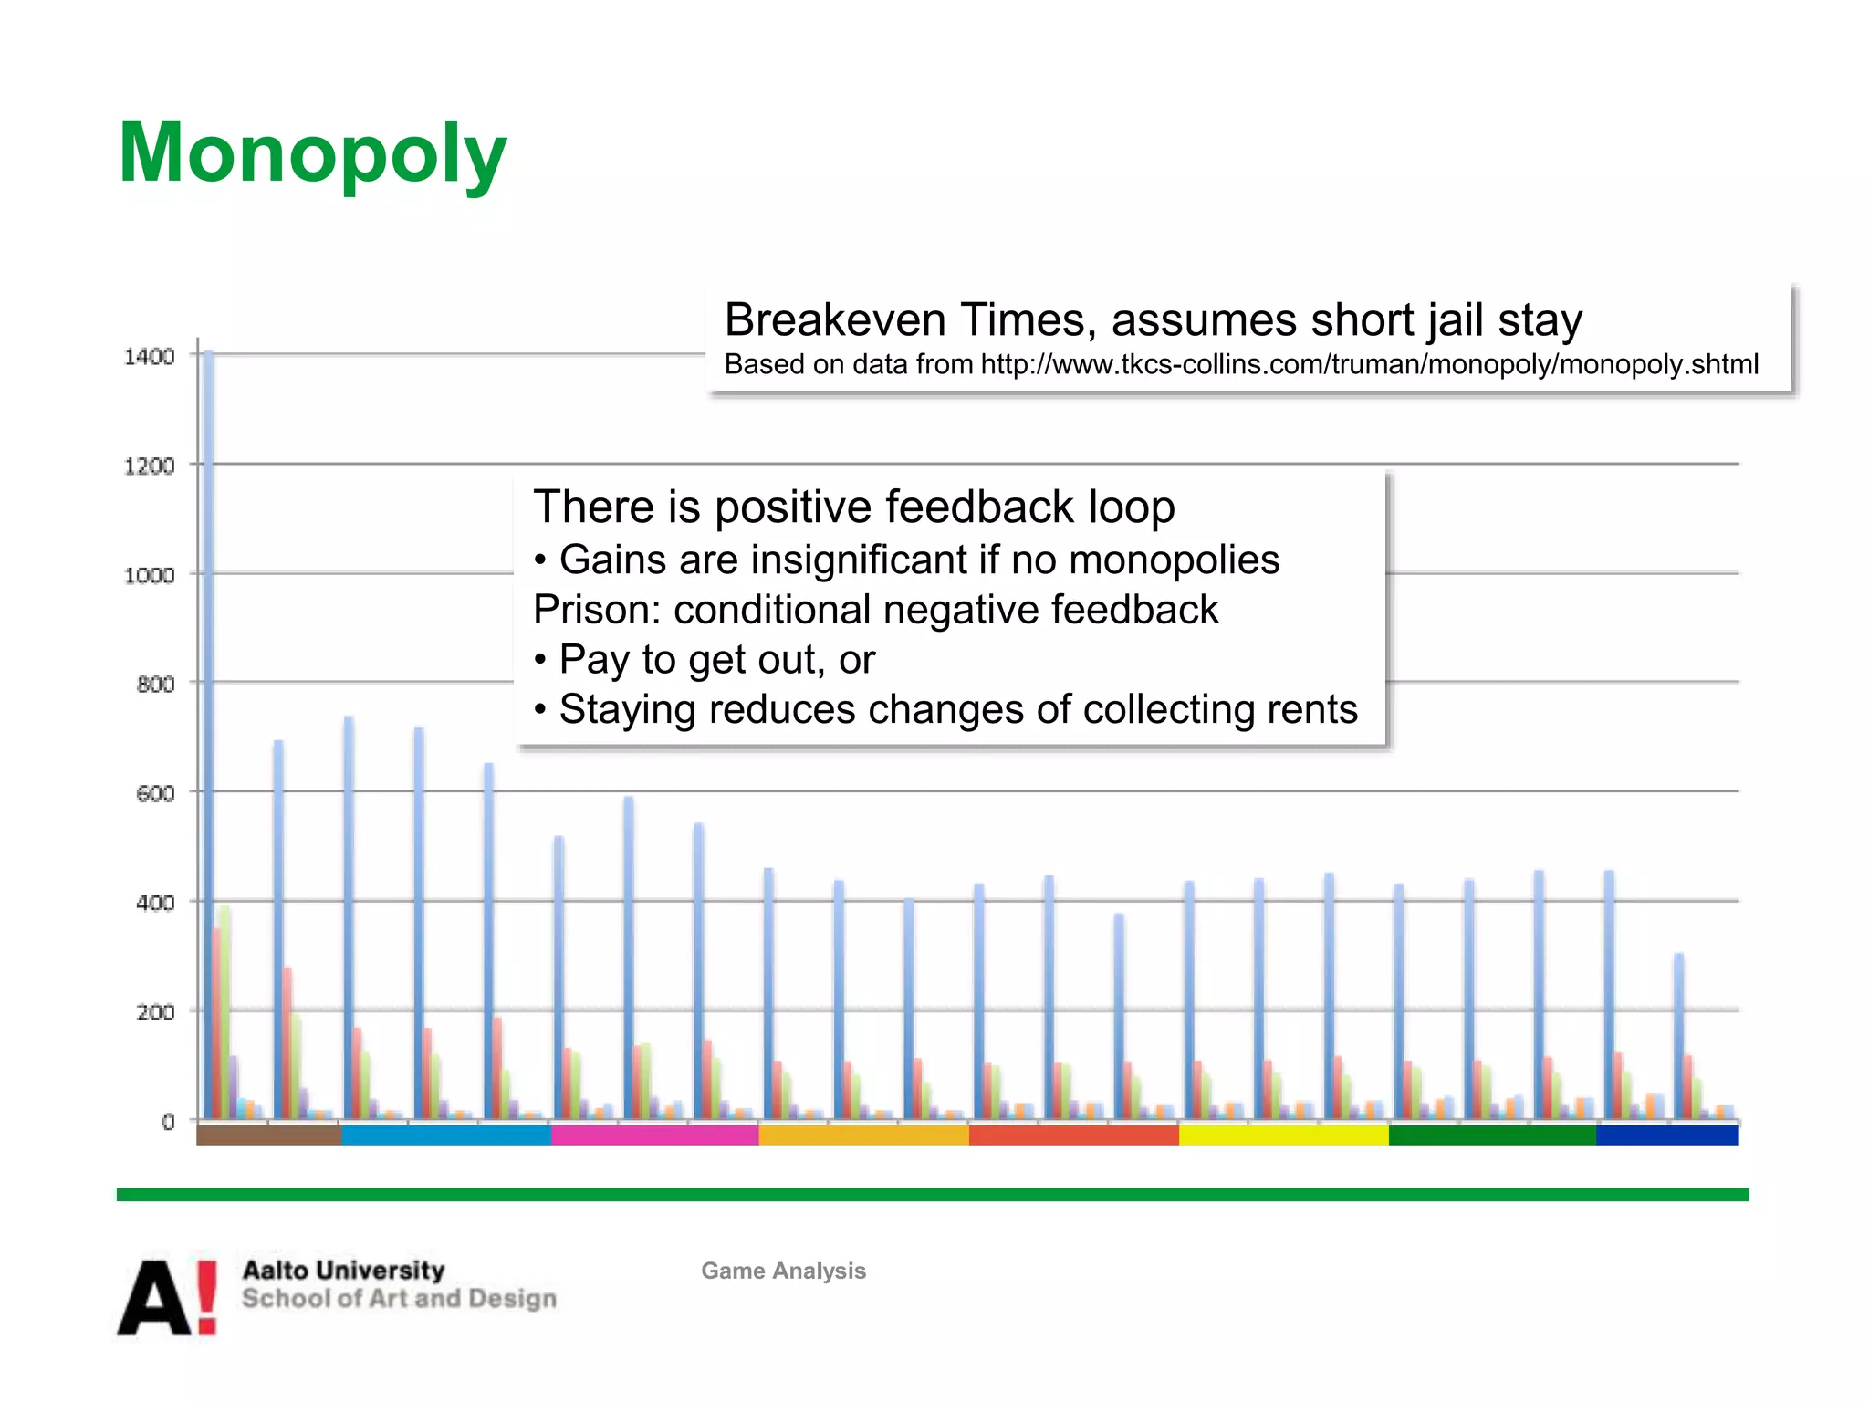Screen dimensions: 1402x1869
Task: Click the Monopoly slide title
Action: [312, 153]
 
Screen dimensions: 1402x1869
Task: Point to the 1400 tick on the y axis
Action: [149, 357]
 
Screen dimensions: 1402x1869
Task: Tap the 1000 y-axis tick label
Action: [149, 576]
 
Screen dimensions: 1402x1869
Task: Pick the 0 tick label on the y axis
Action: [168, 1123]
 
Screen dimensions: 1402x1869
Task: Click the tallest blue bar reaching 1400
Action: [208, 730]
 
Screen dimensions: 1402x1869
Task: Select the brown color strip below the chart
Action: [268, 1135]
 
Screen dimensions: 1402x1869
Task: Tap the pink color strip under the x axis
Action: [654, 1135]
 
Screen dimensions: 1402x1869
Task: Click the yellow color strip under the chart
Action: [1283, 1135]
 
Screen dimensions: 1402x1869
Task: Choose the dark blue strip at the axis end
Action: [1667, 1135]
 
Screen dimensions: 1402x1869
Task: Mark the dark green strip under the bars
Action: [1492, 1135]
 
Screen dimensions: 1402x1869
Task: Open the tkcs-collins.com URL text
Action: [1369, 365]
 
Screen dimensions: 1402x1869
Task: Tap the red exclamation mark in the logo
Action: [207, 1297]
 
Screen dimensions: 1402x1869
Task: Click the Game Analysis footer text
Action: [783, 1271]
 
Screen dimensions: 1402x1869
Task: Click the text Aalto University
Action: [343, 1270]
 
